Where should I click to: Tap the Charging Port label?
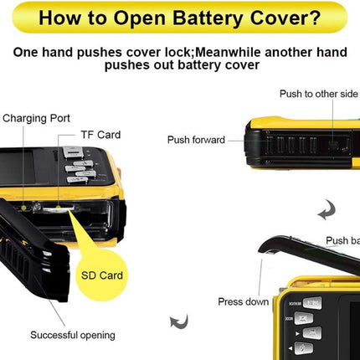(x=36, y=118)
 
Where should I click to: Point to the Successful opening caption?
(x=73, y=335)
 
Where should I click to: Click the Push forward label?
(x=196, y=140)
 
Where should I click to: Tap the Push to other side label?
(x=317, y=95)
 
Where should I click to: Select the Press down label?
(x=244, y=301)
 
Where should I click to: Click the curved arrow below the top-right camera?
(x=326, y=209)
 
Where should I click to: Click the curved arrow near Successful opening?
(x=178, y=321)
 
